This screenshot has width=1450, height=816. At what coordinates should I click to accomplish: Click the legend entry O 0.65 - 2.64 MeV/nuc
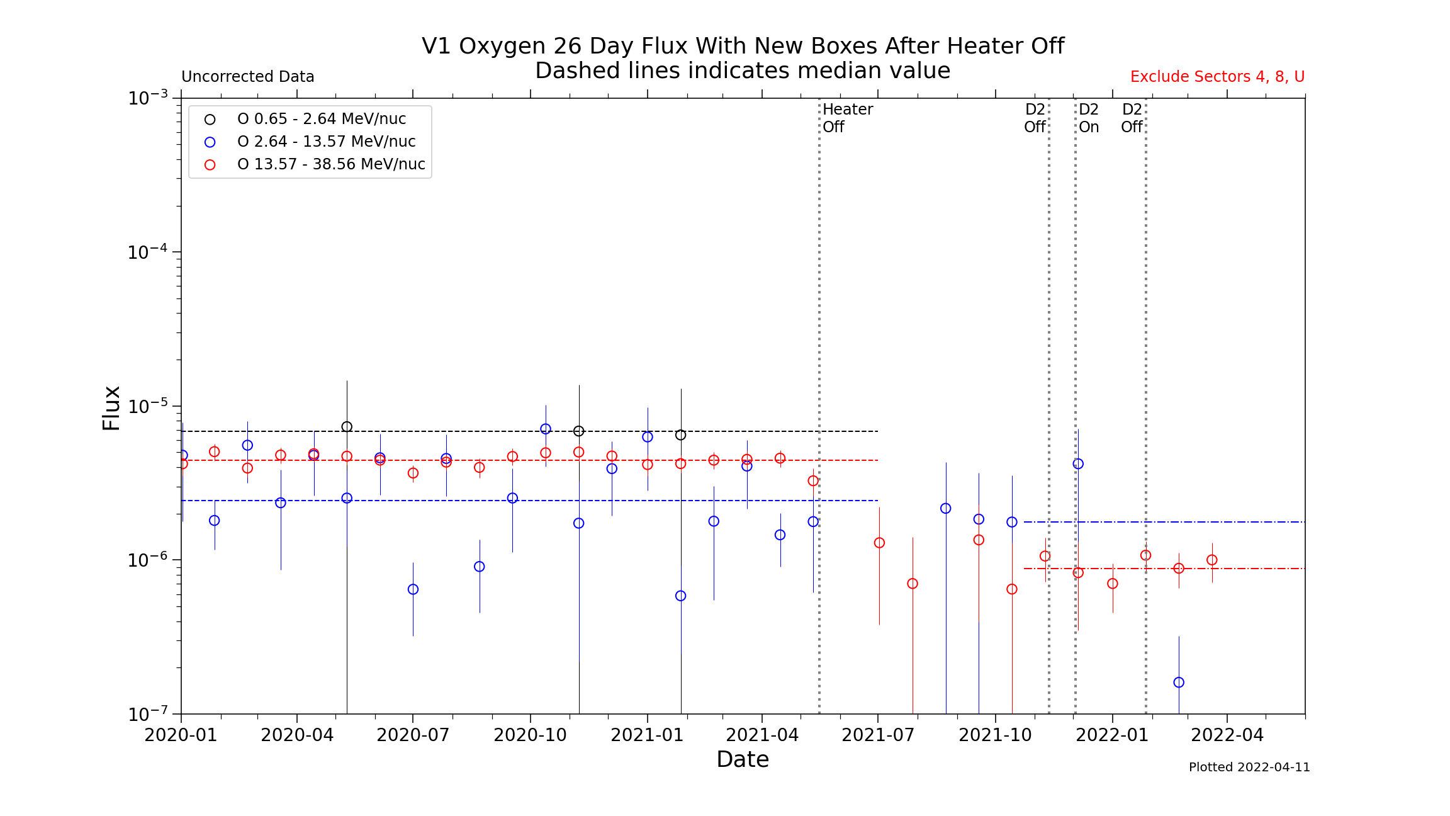pyautogui.click(x=321, y=119)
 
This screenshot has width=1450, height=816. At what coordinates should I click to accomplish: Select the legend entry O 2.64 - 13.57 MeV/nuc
pyautogui.click(x=326, y=142)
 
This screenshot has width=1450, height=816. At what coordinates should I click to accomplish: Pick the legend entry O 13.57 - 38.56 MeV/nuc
pyautogui.click(x=331, y=164)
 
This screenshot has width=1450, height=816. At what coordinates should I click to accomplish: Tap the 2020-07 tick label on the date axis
pyautogui.click(x=413, y=735)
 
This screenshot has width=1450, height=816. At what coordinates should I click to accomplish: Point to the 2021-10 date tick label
pyautogui.click(x=995, y=735)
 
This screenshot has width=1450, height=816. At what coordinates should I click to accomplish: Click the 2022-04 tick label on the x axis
pyautogui.click(x=1227, y=735)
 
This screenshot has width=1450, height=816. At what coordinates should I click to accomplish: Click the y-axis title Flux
pyautogui.click(x=111, y=408)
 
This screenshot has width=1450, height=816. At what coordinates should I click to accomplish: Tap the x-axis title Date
pyautogui.click(x=743, y=760)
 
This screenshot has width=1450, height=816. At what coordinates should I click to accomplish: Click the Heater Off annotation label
pyautogui.click(x=847, y=118)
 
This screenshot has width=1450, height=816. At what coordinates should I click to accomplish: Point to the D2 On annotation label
pyautogui.click(x=1089, y=118)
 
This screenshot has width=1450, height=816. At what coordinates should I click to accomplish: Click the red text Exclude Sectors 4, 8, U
pyautogui.click(x=1217, y=77)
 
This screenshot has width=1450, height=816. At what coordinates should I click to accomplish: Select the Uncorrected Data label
pyautogui.click(x=247, y=77)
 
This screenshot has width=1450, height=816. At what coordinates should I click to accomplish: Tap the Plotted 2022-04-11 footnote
pyautogui.click(x=1249, y=768)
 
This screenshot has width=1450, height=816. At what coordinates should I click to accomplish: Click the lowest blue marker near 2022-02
pyautogui.click(x=1179, y=683)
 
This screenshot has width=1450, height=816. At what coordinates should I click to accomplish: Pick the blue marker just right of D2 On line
pyautogui.click(x=1078, y=464)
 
